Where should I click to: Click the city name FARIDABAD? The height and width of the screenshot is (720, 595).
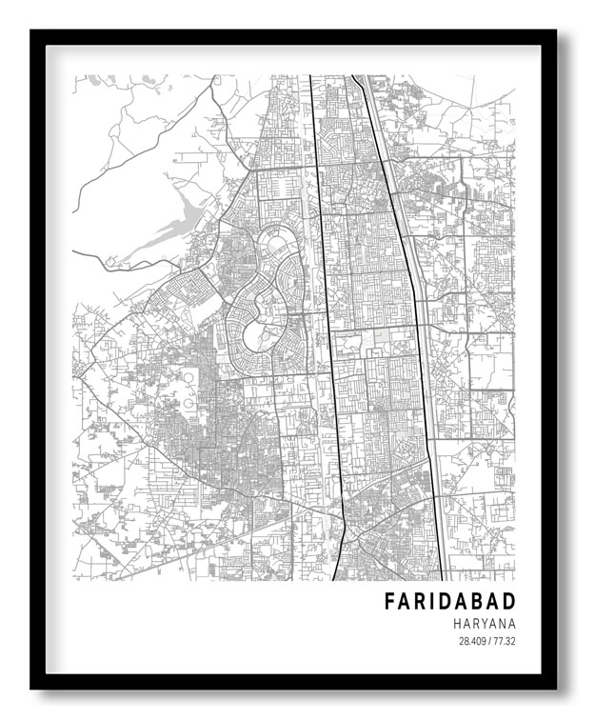coord(449,602)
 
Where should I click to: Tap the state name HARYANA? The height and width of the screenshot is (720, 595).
coord(484,624)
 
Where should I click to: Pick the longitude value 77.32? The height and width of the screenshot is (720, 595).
coord(504,641)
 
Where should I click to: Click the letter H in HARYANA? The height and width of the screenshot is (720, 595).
coord(457,624)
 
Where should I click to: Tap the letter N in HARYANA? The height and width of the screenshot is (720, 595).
coord(502,624)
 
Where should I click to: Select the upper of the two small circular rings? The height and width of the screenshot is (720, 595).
coord(188,385)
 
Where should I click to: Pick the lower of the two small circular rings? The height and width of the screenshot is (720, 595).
coord(188,404)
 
